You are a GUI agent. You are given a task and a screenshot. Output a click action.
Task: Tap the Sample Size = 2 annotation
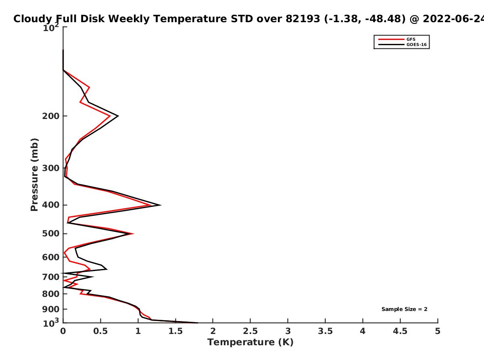(x=405, y=309)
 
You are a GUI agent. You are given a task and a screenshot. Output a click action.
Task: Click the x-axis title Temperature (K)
(x=250, y=342)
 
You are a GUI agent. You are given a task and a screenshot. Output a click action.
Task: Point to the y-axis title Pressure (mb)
(x=34, y=175)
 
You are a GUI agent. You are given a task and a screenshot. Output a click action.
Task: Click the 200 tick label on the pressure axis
(x=51, y=116)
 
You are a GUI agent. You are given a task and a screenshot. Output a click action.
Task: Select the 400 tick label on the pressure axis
(x=51, y=205)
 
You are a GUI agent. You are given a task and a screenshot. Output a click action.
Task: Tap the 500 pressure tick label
(x=51, y=234)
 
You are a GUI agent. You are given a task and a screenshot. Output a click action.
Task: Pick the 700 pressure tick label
(x=51, y=277)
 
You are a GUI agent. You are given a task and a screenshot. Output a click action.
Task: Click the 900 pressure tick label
(x=51, y=309)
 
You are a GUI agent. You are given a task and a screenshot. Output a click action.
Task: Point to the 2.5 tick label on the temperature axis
(x=250, y=331)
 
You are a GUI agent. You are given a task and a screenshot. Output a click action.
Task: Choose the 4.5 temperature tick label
(x=400, y=331)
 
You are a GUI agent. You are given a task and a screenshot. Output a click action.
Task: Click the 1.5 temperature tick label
(x=175, y=331)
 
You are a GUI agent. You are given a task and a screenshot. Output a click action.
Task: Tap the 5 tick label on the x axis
(x=438, y=331)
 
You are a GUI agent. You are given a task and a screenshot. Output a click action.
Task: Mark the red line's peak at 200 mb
(x=110, y=116)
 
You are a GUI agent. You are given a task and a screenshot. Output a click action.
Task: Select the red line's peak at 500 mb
(x=133, y=234)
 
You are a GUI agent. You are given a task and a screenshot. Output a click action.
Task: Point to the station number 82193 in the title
(x=303, y=19)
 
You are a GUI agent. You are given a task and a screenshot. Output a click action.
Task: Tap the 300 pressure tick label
(x=51, y=168)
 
